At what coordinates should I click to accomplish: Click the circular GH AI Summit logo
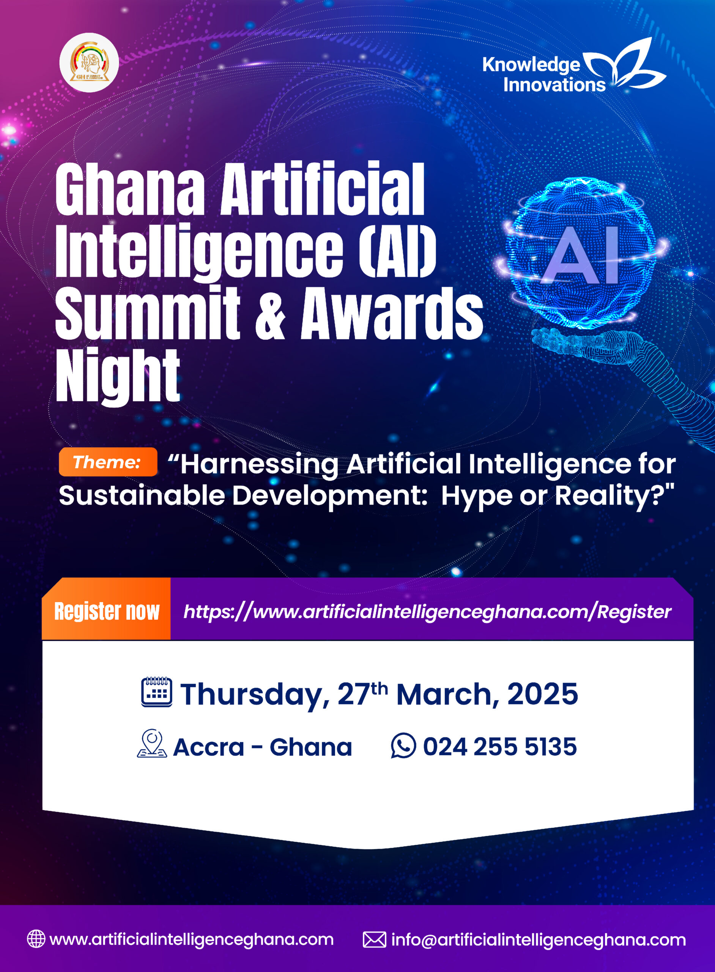point(89,62)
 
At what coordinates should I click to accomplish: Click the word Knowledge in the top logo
point(531,65)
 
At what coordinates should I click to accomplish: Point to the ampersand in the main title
point(271,312)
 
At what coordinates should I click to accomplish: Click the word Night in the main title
point(118,376)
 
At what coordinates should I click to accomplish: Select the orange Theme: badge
point(108,462)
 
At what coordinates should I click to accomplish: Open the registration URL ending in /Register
point(427,612)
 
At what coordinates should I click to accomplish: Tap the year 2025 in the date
point(542,694)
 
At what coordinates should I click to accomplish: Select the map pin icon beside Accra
point(152,744)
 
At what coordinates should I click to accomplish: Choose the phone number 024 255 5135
point(500,746)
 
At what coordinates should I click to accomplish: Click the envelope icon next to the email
point(374,939)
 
